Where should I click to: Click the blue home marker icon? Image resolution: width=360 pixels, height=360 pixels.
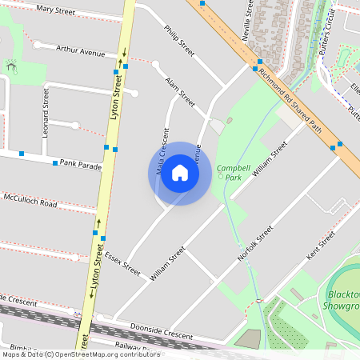coord(180,173)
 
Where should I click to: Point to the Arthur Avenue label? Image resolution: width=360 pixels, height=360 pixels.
coord(81,50)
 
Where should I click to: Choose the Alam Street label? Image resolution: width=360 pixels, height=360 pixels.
coord(180,92)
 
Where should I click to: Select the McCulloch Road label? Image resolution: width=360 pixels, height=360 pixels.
coord(30,200)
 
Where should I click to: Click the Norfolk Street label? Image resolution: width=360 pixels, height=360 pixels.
coord(256,243)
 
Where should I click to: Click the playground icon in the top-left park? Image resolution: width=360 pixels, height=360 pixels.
coord(11,66)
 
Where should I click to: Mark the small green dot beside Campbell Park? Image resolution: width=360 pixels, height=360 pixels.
coord(221,176)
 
